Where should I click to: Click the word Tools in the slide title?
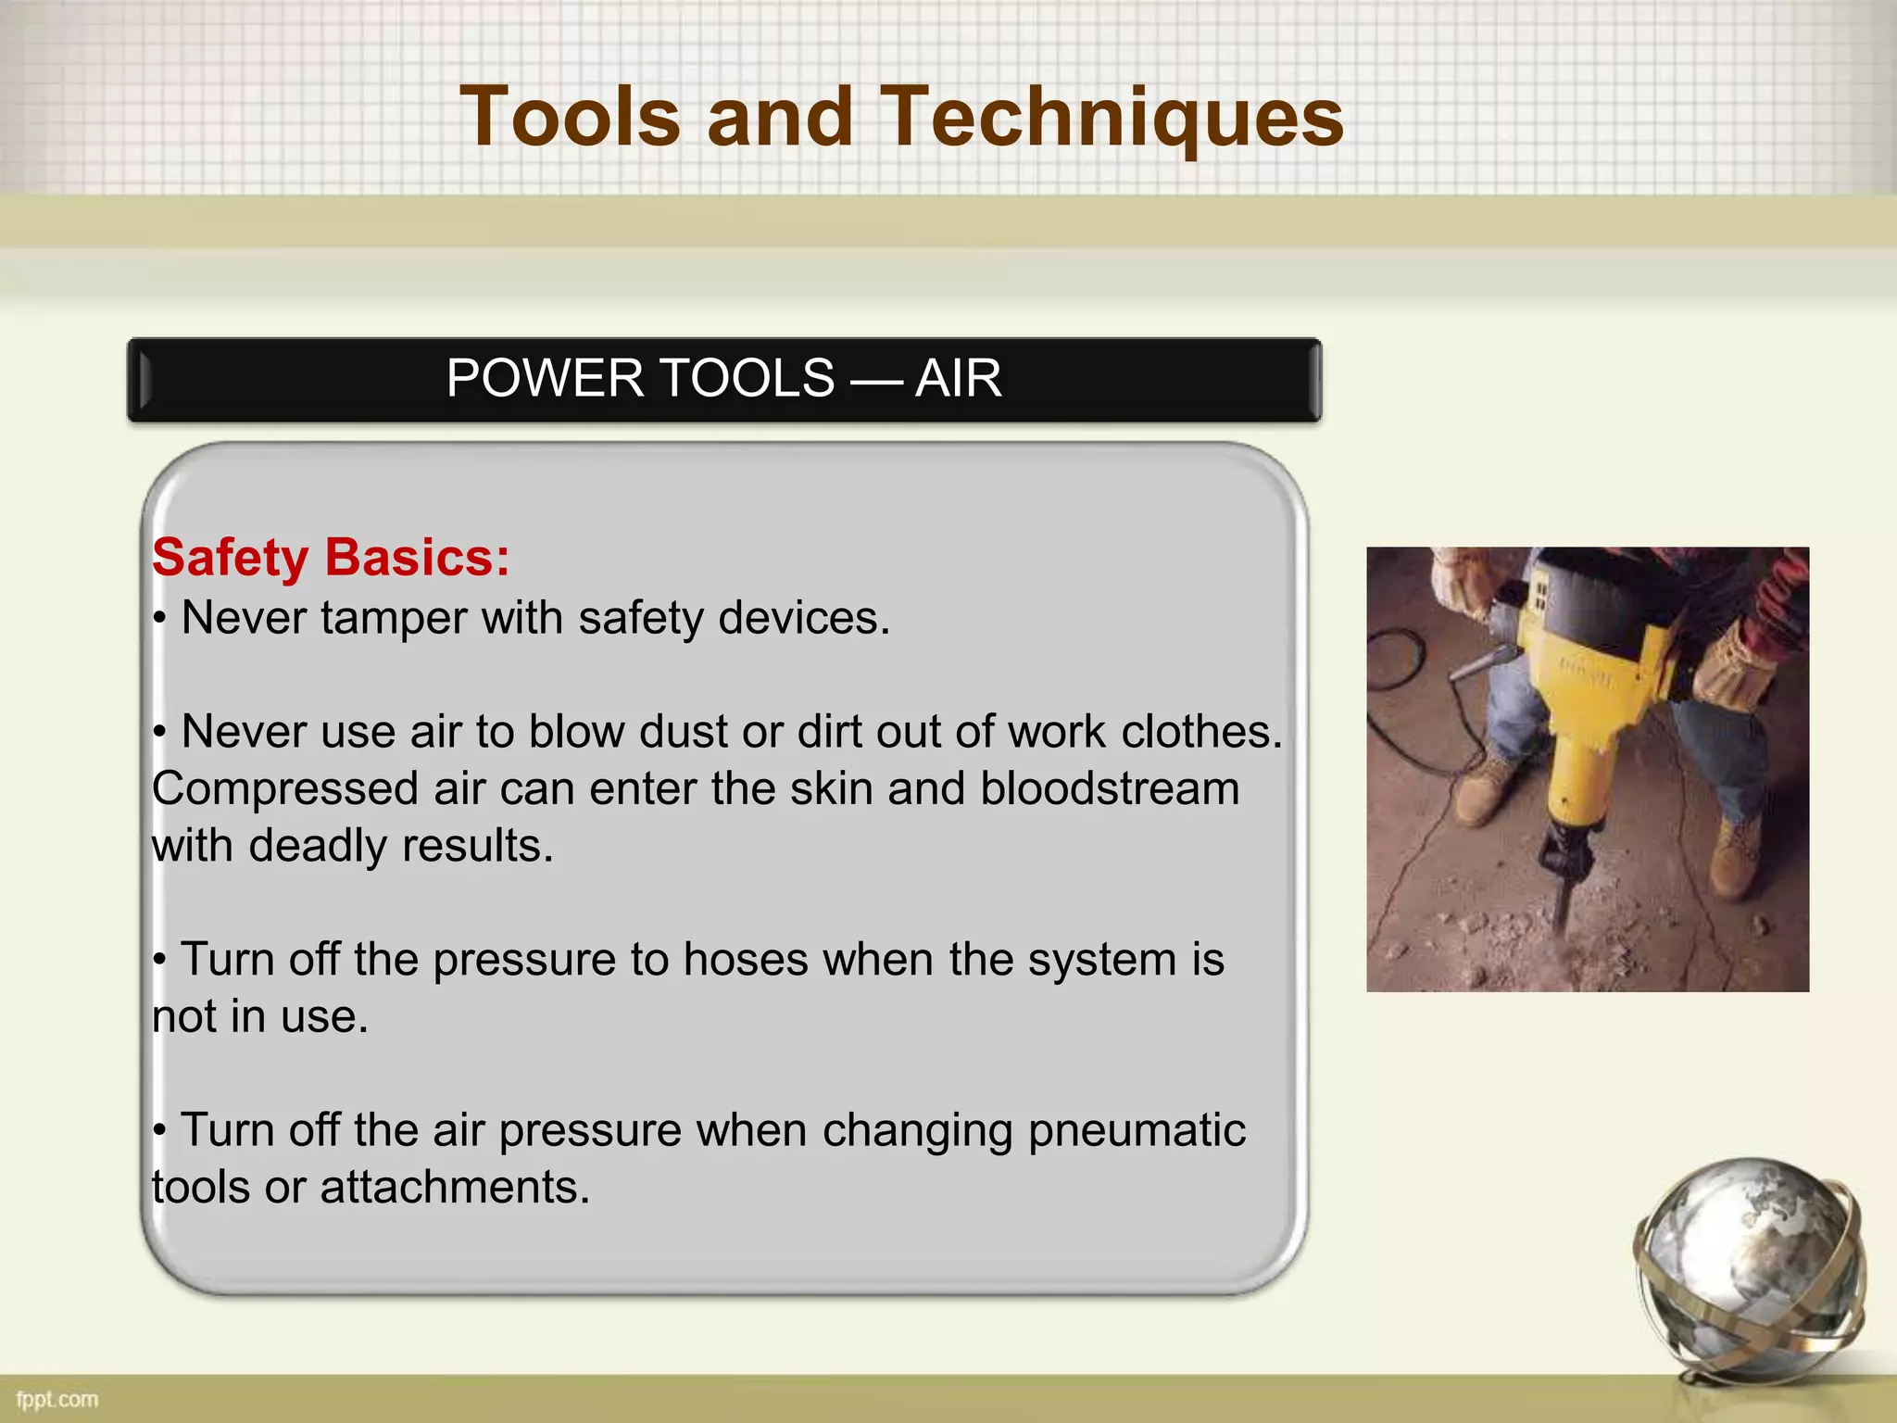point(570,119)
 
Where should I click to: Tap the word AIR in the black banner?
point(958,379)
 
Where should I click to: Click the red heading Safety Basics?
point(331,559)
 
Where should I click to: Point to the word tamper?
point(393,619)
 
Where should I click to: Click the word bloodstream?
point(1109,789)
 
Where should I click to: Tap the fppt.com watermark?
point(57,1399)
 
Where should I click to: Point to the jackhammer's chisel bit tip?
point(1560,926)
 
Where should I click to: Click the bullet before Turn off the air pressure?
point(160,1131)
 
